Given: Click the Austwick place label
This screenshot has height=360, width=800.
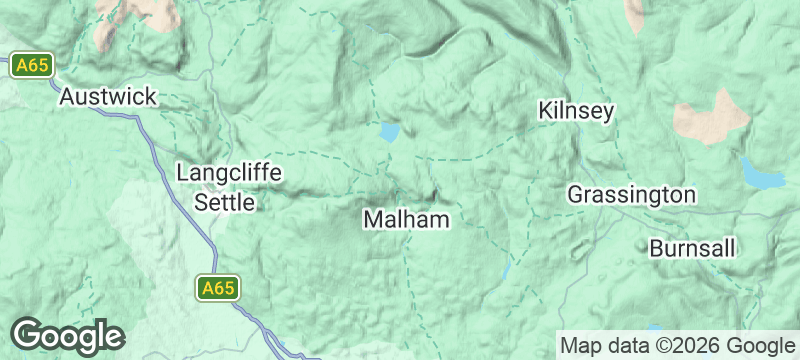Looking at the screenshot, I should coord(108,97).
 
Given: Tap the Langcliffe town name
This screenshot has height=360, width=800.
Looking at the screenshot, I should coord(229,173).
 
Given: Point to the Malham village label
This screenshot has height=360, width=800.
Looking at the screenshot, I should coord(406,219).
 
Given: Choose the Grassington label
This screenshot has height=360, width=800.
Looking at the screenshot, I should coord(631,194).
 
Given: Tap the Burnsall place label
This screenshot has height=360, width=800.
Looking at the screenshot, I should coord(693,247).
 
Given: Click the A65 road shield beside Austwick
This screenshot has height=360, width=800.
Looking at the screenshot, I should coord(31,66).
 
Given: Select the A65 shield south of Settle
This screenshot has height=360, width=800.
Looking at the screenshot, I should coord(217,288).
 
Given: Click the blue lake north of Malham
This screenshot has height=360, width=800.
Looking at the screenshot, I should coord(389,132).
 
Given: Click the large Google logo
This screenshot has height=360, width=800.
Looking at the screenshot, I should coord(67,336).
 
